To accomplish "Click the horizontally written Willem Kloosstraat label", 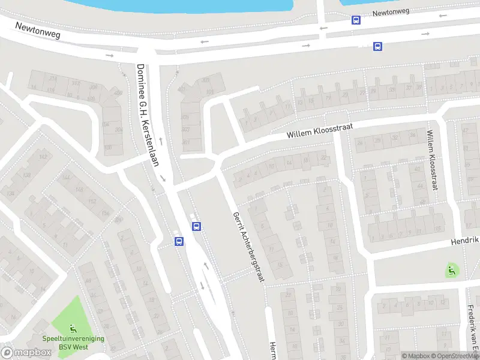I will click(319, 130).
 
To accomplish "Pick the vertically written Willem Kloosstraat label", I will click(431, 160).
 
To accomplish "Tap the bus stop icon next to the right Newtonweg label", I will click(356, 19).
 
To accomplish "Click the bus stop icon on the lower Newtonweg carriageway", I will click(377, 46).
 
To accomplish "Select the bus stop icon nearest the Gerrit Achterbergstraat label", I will click(196, 226).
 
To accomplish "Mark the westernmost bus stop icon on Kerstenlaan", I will click(178, 241).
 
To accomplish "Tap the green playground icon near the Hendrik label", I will click(452, 271).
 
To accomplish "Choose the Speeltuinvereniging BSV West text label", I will click(73, 343).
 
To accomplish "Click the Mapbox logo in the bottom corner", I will click(26, 353).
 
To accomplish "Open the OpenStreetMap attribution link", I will click(455, 356).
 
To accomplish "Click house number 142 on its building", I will click(43, 157).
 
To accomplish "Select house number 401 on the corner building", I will click(186, 142).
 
